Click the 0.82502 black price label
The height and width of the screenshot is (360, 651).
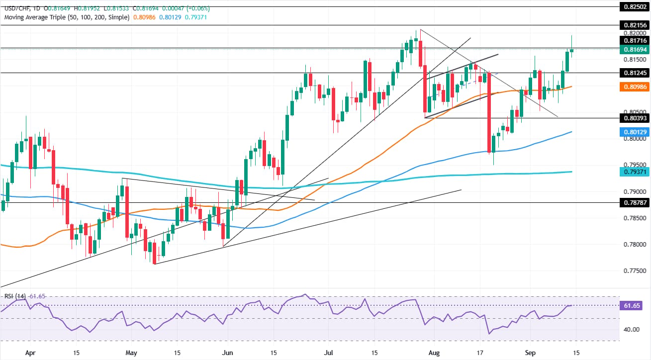[x=635, y=6]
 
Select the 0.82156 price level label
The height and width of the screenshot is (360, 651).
[x=635, y=25]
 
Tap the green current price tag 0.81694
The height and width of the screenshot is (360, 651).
[x=635, y=50]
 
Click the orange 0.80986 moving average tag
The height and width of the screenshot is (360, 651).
[x=635, y=87]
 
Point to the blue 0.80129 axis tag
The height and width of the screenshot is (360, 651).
[x=635, y=132]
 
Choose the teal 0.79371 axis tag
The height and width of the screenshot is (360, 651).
[x=635, y=172]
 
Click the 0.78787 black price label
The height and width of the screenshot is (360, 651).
[x=635, y=202]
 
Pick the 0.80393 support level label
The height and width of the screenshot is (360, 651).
[x=635, y=118]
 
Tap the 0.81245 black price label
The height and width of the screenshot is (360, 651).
[x=635, y=73]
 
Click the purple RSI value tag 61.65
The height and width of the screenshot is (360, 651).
[x=632, y=306]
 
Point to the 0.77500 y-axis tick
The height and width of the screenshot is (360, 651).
[x=635, y=271]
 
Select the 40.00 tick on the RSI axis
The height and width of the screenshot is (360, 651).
[x=631, y=330]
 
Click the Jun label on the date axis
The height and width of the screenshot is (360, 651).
[x=227, y=353]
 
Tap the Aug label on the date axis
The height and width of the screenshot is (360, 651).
[x=434, y=353]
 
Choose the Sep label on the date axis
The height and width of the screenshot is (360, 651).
[x=530, y=353]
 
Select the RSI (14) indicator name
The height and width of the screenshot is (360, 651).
[x=15, y=296]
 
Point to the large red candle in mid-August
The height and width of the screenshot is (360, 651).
[x=489, y=112]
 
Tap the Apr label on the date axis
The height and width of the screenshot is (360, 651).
[x=30, y=353]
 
